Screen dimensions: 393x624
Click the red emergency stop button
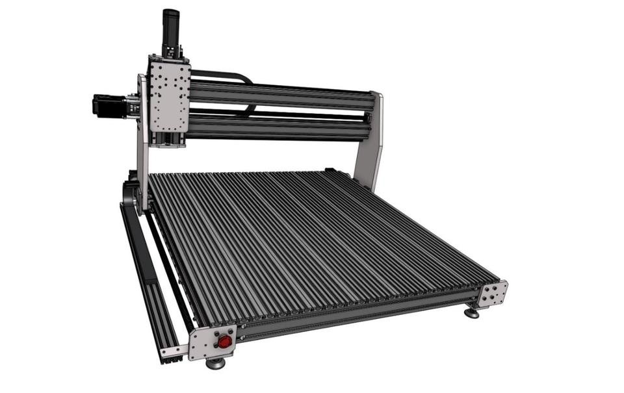point(224,341)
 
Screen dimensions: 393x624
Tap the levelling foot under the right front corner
point(471,313)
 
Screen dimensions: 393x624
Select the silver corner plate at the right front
point(494,294)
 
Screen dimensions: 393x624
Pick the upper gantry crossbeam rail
point(279,95)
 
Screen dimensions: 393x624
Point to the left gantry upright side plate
point(142,149)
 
